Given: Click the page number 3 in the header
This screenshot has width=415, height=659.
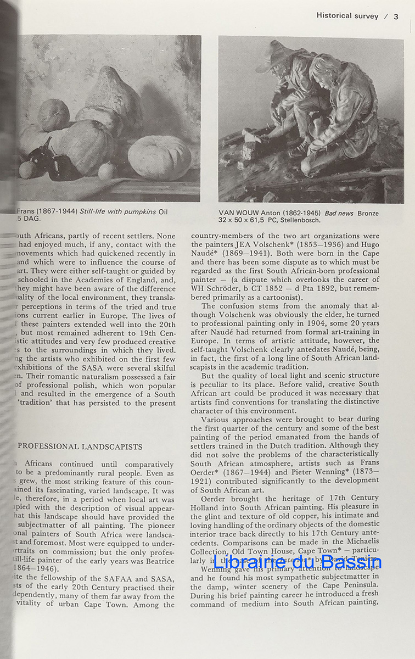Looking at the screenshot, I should pyautogui.click(x=396, y=16).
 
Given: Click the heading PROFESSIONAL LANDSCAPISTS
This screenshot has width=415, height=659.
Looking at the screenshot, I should pyautogui.click(x=80, y=446).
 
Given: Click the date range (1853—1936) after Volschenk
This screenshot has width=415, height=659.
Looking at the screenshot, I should pyautogui.click(x=315, y=244).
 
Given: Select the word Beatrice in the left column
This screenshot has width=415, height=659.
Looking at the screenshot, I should pyautogui.click(x=159, y=561).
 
